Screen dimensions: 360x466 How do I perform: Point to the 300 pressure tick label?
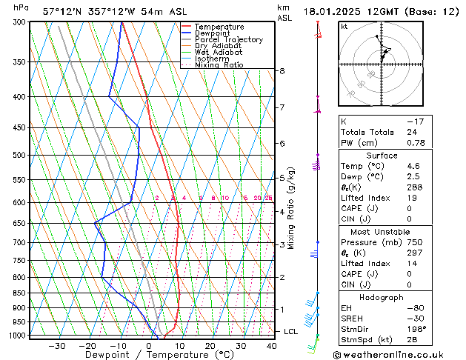point(18,22)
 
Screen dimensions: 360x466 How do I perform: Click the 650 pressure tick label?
point(18,223)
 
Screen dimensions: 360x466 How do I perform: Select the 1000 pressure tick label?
point(16,336)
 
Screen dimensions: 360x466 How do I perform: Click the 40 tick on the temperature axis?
point(272,346)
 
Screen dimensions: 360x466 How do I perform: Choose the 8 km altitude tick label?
point(282,71)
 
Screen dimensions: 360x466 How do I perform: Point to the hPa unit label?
point(21,8)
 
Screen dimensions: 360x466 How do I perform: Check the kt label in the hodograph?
point(344,26)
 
